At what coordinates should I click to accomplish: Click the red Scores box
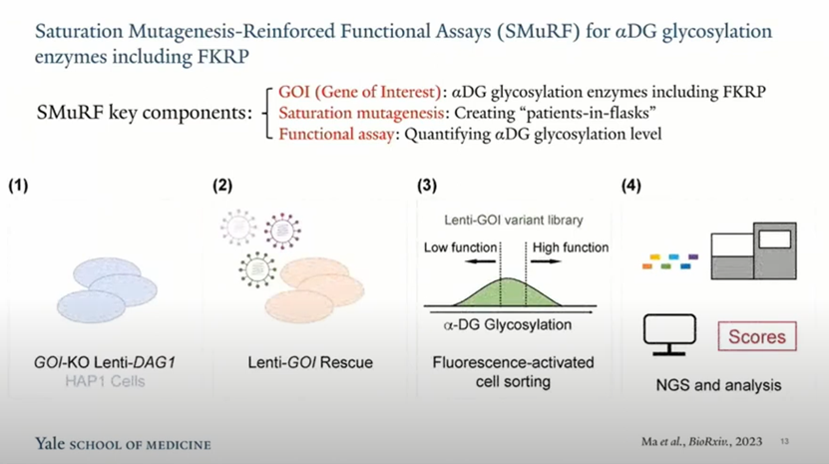coord(757,336)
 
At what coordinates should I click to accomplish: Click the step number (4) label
coord(632,186)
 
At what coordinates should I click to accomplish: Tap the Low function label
coord(460,247)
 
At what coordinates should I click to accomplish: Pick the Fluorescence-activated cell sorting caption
coord(513,372)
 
